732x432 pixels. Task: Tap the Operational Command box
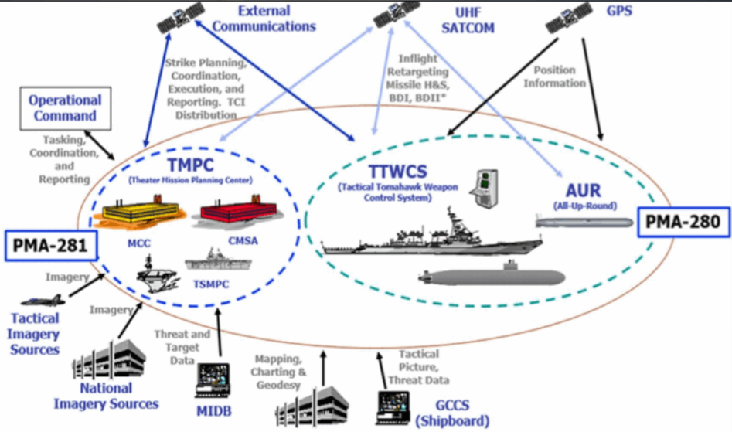(x=65, y=108)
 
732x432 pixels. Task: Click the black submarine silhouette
(x=492, y=274)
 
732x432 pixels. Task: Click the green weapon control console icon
(x=485, y=185)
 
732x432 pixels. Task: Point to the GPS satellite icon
(x=567, y=18)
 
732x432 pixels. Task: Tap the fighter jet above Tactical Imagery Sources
(x=40, y=300)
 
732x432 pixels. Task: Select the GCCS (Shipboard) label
(x=452, y=413)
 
